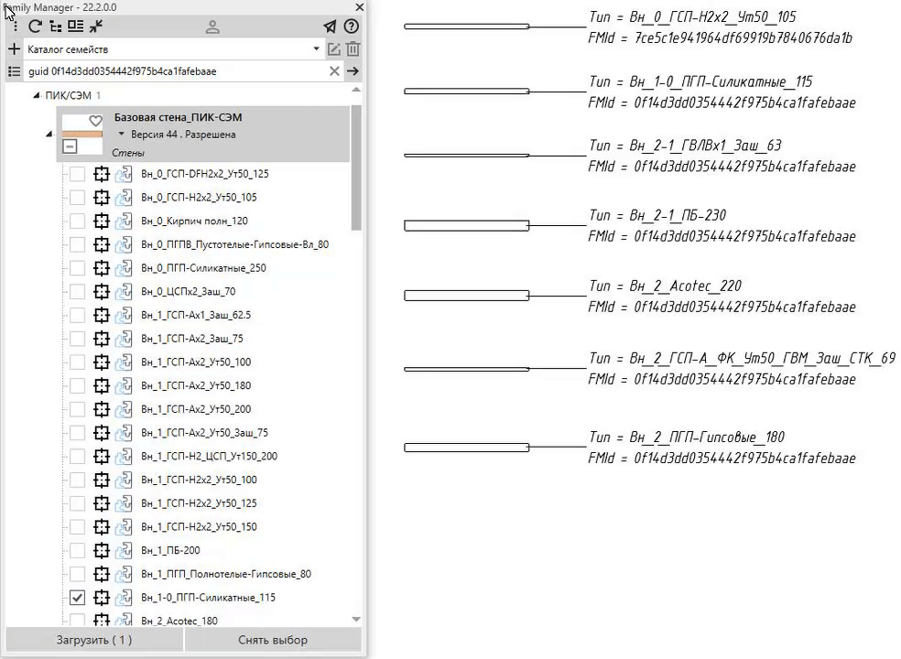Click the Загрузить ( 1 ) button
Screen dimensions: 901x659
[x=94, y=640]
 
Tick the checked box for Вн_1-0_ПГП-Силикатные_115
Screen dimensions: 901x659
[x=77, y=598]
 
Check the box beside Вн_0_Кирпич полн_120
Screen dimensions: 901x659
[x=77, y=221]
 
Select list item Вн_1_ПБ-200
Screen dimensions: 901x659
[x=170, y=550]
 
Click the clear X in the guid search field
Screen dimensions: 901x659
[x=334, y=71]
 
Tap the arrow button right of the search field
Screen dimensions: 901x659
[x=353, y=71]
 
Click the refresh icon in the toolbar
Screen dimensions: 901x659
[x=35, y=27]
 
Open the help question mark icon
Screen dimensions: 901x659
[x=351, y=27]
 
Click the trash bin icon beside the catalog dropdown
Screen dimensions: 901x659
[x=353, y=49]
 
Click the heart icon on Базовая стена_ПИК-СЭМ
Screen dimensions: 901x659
[x=95, y=121]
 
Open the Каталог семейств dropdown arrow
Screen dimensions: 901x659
[x=316, y=49]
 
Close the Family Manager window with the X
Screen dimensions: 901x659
[x=360, y=7]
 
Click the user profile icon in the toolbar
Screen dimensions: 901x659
[x=212, y=27]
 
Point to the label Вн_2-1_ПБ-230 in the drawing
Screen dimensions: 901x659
[x=678, y=215]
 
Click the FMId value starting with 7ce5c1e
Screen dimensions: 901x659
[x=743, y=38]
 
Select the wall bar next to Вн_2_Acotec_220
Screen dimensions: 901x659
[x=467, y=296]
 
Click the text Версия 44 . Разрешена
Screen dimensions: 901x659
[x=183, y=135]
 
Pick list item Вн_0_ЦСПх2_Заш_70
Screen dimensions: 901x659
[x=189, y=291]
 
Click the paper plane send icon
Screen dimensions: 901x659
[x=330, y=27]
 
